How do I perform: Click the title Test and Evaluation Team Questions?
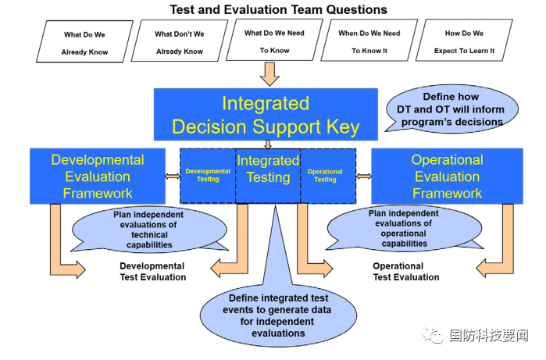coord(278,9)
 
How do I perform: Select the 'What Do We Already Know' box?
coord(84,43)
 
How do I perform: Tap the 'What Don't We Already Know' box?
coord(179,43)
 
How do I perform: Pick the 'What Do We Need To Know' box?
coord(274,41)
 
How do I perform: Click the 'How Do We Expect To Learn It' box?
coord(464,42)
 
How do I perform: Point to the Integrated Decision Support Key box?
coord(266,115)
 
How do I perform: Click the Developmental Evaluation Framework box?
coord(98,176)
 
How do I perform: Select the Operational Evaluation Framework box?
coord(447,176)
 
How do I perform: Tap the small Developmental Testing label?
coord(208,175)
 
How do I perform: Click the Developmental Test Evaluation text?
coord(152,271)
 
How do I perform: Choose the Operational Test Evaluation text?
coord(405,271)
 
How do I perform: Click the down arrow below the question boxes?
coord(269,73)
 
